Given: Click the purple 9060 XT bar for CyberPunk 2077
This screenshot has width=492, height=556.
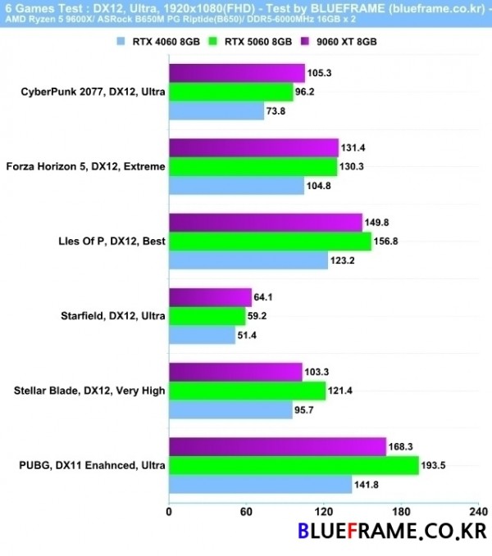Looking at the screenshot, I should click(237, 73).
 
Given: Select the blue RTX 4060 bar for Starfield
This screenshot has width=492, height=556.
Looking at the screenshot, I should click(202, 335).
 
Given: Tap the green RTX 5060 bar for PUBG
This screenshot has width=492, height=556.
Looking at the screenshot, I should click(294, 465).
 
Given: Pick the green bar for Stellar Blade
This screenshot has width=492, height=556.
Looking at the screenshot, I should click(247, 391).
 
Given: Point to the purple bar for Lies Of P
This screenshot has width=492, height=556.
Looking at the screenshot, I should click(266, 222).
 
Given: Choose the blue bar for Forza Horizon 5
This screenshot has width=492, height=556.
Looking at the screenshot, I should click(236, 186).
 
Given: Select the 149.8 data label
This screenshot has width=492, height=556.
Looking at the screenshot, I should click(379, 223).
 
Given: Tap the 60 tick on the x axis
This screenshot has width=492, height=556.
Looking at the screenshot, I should click(246, 512).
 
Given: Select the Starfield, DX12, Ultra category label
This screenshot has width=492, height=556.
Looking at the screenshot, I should click(113, 315).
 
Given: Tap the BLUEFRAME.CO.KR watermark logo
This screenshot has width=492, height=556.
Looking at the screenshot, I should click(392, 533).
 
